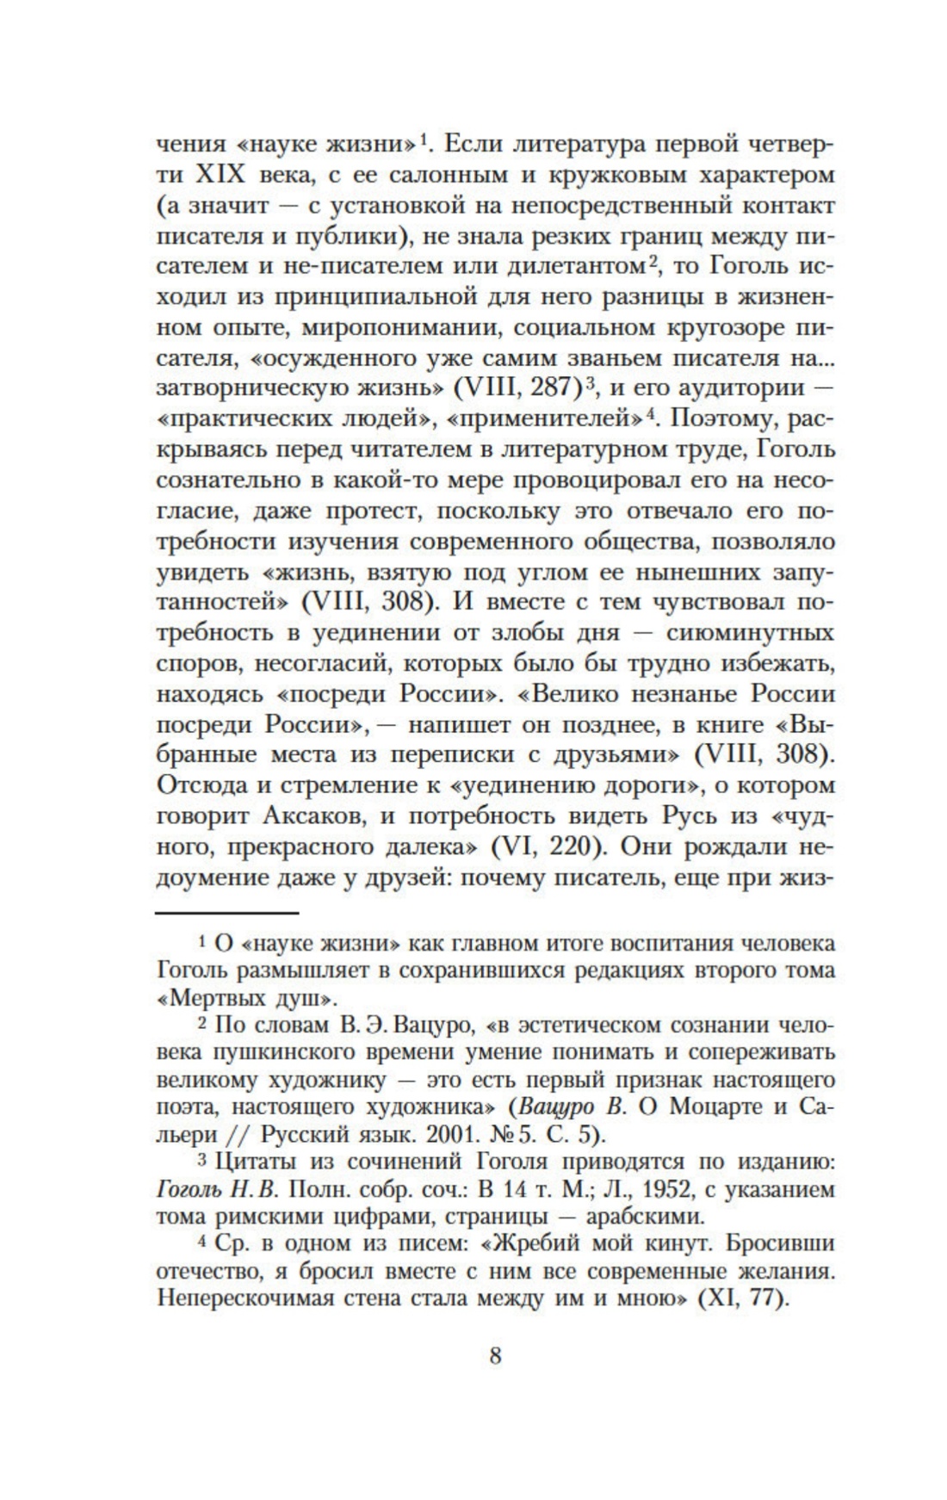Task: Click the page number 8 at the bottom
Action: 494,1354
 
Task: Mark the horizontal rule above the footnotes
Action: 226,912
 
